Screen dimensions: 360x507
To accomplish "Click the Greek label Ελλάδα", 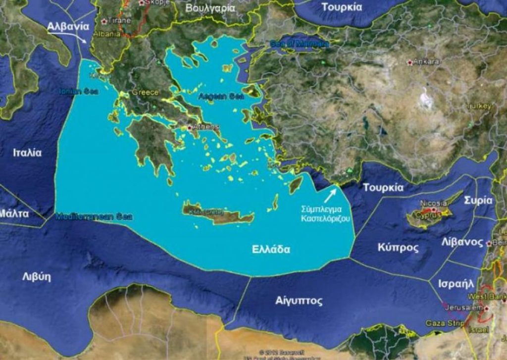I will (270, 249).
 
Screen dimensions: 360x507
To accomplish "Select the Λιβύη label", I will (36, 277).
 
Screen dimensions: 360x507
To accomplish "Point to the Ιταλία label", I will (27, 153).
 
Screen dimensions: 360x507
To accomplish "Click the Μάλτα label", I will (14, 214).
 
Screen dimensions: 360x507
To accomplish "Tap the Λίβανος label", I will (461, 242).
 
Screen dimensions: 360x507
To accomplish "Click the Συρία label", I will (478, 200).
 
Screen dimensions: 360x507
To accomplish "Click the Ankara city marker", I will (409, 62).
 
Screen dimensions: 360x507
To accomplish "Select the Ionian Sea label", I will (79, 91).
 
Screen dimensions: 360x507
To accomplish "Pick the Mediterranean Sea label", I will (94, 216).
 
